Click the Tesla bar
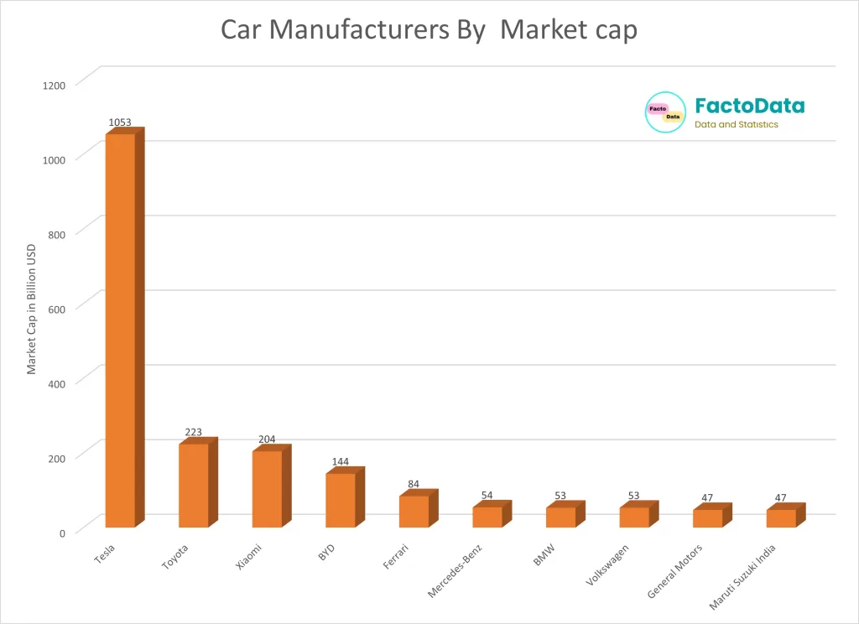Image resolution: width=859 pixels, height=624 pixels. tap(120, 331)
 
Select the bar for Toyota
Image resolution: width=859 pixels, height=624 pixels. tap(194, 486)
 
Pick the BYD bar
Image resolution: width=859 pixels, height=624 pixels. tap(341, 501)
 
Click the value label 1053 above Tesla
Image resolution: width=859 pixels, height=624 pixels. tap(120, 122)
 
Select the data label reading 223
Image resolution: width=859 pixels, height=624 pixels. tap(194, 433)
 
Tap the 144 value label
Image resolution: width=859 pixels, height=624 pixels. tap(341, 462)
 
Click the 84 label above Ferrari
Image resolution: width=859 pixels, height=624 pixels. tap(414, 485)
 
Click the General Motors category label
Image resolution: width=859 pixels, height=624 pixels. tap(674, 572)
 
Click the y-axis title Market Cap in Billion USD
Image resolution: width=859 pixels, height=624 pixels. tap(32, 309)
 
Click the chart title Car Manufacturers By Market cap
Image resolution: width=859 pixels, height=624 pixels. tap(429, 29)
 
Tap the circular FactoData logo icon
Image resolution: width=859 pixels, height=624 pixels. tap(665, 112)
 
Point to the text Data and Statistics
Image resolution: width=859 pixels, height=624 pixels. tap(736, 125)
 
